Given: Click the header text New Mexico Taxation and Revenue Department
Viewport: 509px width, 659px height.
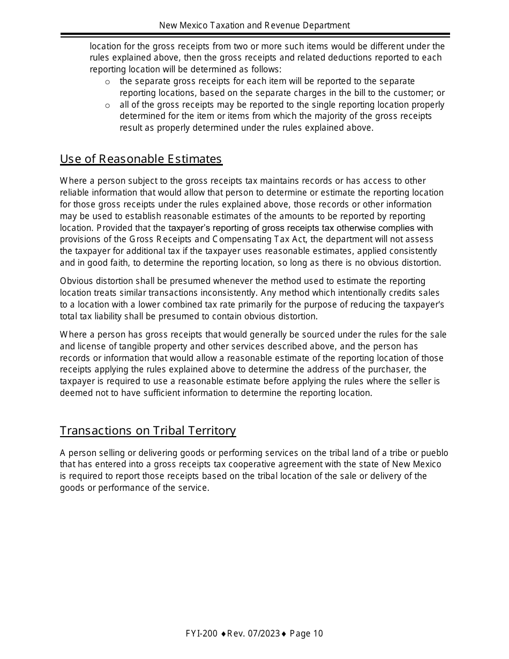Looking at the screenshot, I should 254,25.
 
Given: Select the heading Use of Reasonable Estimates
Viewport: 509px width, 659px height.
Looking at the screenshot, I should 141,159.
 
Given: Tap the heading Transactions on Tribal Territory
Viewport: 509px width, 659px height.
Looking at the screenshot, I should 148,431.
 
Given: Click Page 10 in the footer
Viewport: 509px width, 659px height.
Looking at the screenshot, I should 306,634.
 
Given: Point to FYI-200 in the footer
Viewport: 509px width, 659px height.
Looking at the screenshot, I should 201,634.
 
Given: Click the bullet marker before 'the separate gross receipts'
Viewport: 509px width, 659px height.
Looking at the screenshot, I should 107,82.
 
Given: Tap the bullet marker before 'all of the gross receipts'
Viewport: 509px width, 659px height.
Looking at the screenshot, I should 107,106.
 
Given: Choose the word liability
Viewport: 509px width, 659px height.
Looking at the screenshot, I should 111,316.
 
